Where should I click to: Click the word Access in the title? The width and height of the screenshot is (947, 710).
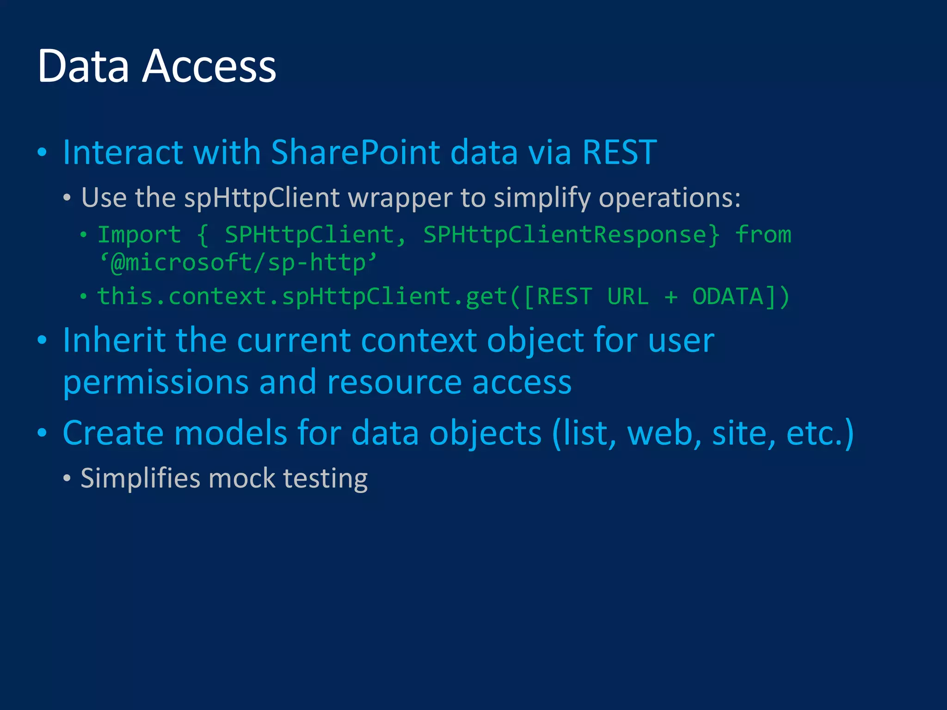(209, 67)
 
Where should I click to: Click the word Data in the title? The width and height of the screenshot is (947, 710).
(83, 67)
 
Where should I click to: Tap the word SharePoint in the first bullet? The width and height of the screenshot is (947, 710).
(355, 152)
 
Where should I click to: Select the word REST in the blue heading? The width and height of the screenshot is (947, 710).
(620, 152)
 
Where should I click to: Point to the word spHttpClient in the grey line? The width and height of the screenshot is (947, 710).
(262, 198)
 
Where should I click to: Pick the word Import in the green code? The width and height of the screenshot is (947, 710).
(139, 235)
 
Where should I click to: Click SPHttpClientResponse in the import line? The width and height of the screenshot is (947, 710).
(572, 235)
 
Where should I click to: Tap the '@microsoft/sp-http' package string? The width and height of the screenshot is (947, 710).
(239, 263)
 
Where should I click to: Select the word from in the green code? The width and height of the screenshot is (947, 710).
(763, 235)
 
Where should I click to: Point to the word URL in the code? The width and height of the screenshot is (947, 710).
(628, 296)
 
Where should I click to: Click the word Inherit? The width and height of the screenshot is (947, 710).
(114, 340)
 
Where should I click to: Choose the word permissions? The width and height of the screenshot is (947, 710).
(156, 383)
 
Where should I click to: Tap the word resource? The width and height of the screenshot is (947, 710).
(394, 383)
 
